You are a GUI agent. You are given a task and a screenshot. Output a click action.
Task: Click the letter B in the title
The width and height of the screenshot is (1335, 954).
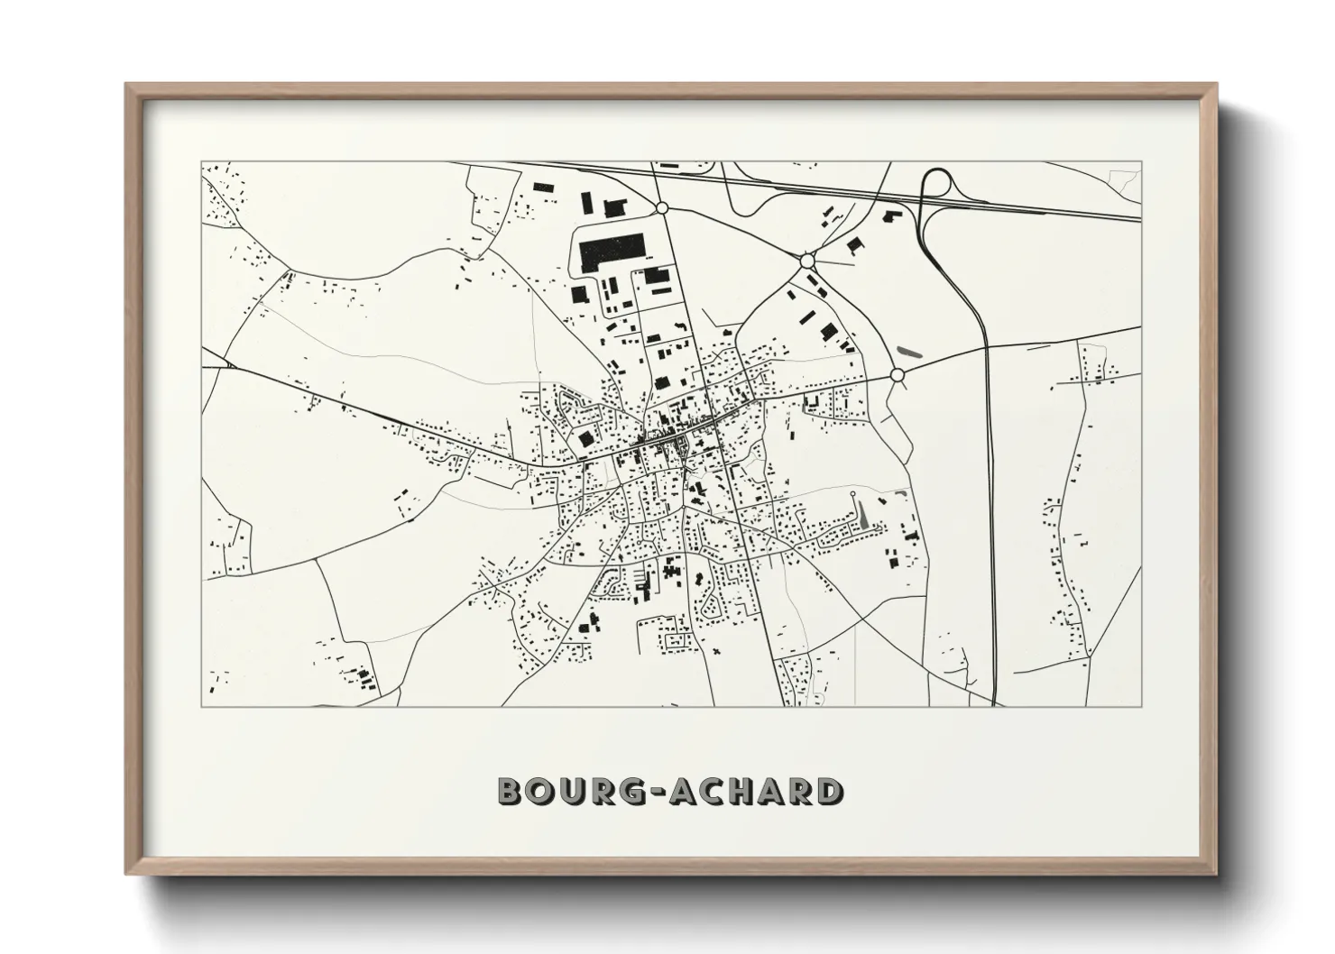(x=511, y=791)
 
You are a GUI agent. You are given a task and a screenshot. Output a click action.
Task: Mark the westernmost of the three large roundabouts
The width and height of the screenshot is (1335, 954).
(x=661, y=207)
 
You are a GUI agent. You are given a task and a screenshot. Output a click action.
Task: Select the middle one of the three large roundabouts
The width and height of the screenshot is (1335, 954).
(x=807, y=261)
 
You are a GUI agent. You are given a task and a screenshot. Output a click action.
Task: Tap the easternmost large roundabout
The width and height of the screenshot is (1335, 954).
(x=897, y=374)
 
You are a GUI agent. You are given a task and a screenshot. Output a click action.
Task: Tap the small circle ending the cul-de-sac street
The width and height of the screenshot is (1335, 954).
(x=853, y=494)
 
